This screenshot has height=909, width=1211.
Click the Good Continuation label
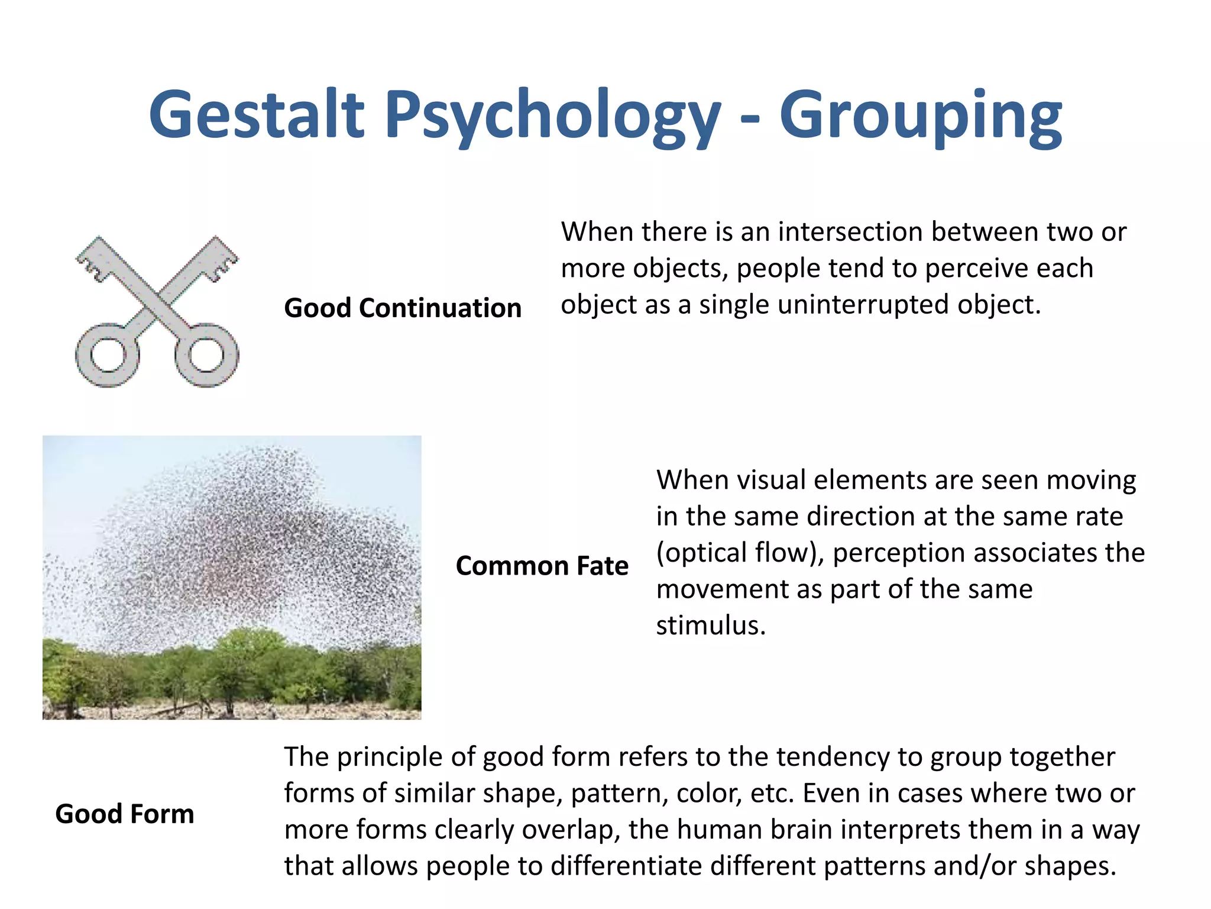(403, 308)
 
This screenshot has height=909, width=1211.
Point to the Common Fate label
(542, 566)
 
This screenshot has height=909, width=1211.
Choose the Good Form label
(125, 814)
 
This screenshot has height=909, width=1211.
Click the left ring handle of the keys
(108, 355)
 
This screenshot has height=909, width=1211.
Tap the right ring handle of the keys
(206, 355)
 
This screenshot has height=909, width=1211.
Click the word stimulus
(710, 626)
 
